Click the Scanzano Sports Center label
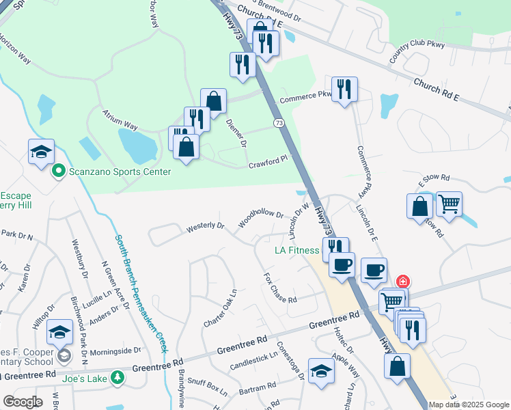[120, 172]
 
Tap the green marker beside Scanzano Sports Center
[59, 171]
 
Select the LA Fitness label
[297, 250]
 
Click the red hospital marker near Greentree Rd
[403, 281]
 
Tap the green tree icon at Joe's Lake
[118, 377]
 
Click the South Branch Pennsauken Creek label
[141, 292]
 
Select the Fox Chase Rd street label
[280, 289]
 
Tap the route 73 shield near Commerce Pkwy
[278, 123]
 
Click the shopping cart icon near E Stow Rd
[449, 204]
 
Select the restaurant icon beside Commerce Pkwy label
[344, 90]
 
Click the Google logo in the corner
[23, 402]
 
